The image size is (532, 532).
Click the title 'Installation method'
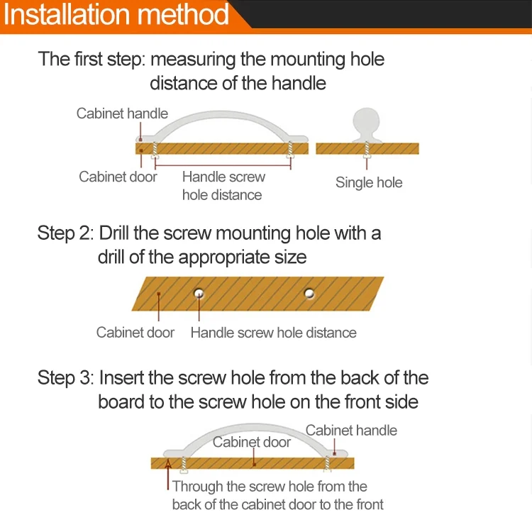pos(117,15)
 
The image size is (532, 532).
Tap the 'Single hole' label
pos(368,182)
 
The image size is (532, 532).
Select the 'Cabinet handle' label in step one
pos(122,113)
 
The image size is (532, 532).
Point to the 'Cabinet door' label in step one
pos(118,177)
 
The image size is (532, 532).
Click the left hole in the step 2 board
pos(199,293)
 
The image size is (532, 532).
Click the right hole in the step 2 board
pos(309,292)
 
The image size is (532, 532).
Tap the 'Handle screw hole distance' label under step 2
pos(273,332)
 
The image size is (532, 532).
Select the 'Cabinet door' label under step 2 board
pos(135,332)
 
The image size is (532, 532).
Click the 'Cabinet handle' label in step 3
pos(351,430)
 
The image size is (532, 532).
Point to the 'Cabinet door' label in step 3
pos(252,442)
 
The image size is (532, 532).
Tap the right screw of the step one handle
pos(289,148)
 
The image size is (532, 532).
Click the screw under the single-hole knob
pos(367,148)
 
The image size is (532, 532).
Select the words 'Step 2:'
pos(66,233)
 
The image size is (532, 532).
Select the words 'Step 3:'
pos(66,377)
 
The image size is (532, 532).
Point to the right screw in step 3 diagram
pos(327,464)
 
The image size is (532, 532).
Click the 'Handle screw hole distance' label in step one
pos(223,186)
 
